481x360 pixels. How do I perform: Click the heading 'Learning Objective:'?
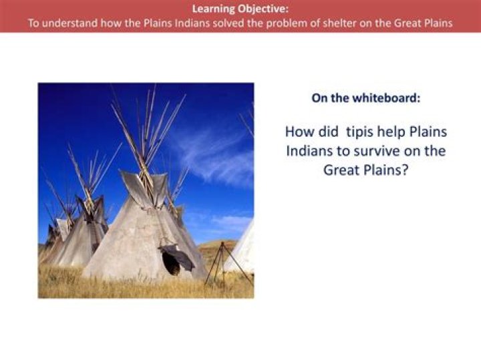coord(240,9)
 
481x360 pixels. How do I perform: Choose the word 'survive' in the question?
coord(377,151)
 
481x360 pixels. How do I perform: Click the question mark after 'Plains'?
coord(405,170)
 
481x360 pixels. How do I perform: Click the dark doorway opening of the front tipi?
coord(170,263)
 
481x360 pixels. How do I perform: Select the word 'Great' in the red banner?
coord(408,23)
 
